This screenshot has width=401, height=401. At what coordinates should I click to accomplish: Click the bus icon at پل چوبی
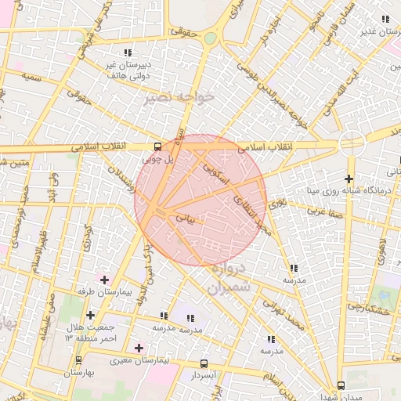click(x=158, y=146)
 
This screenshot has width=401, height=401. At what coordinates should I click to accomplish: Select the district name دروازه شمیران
click(x=229, y=277)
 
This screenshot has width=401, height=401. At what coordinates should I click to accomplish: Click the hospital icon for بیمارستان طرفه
click(x=103, y=279)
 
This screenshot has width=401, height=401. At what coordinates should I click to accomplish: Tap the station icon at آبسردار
click(x=204, y=364)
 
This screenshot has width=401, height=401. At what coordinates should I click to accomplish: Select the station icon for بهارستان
click(x=78, y=361)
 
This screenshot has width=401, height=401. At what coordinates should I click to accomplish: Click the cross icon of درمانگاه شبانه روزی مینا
click(x=349, y=179)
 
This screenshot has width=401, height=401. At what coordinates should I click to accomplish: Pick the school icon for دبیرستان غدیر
click(x=384, y=20)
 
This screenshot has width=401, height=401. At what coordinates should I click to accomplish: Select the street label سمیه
click(x=32, y=78)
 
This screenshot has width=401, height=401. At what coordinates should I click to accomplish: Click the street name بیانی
click(x=185, y=215)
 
